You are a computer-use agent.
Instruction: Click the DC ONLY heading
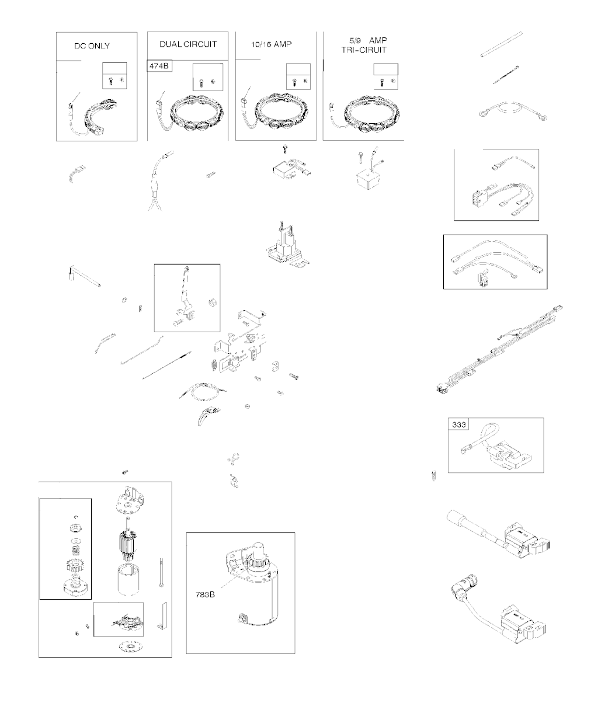pos(92,46)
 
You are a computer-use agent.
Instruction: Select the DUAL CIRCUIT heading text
pos(188,44)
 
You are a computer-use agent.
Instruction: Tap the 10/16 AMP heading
pos(271,44)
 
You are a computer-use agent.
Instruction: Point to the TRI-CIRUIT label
pos(364,50)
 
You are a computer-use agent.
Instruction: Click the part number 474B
pos(159,65)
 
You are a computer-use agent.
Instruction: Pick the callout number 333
pos(458,424)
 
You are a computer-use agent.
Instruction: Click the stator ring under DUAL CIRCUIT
pos(197,113)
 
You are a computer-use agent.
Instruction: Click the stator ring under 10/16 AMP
pos(282,112)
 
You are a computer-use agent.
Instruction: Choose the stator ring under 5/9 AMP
pos(372,114)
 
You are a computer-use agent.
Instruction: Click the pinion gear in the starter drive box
pos(75,565)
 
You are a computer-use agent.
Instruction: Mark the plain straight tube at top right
pos(502,44)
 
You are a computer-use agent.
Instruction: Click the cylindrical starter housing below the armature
pos(128,579)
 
